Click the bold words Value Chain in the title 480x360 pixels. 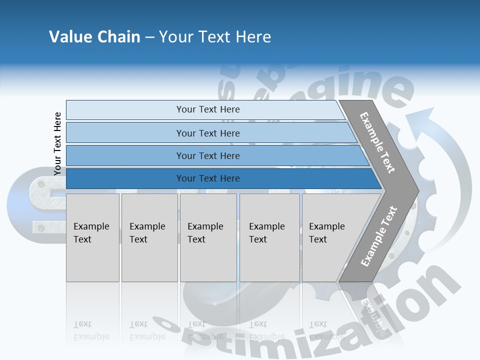94,37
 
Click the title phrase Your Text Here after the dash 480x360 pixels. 215,37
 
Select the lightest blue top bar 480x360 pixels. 205,109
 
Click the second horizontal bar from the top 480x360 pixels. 210,133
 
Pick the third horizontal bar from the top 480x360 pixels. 215,155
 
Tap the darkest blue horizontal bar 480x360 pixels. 220,178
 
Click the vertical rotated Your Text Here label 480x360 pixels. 57,143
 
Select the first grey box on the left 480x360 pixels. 92,237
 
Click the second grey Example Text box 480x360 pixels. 149,237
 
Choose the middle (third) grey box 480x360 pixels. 208,237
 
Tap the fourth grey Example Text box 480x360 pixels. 269,237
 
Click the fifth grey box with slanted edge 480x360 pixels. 332,237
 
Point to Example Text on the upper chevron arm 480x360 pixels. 377,142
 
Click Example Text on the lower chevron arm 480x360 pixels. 379,236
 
